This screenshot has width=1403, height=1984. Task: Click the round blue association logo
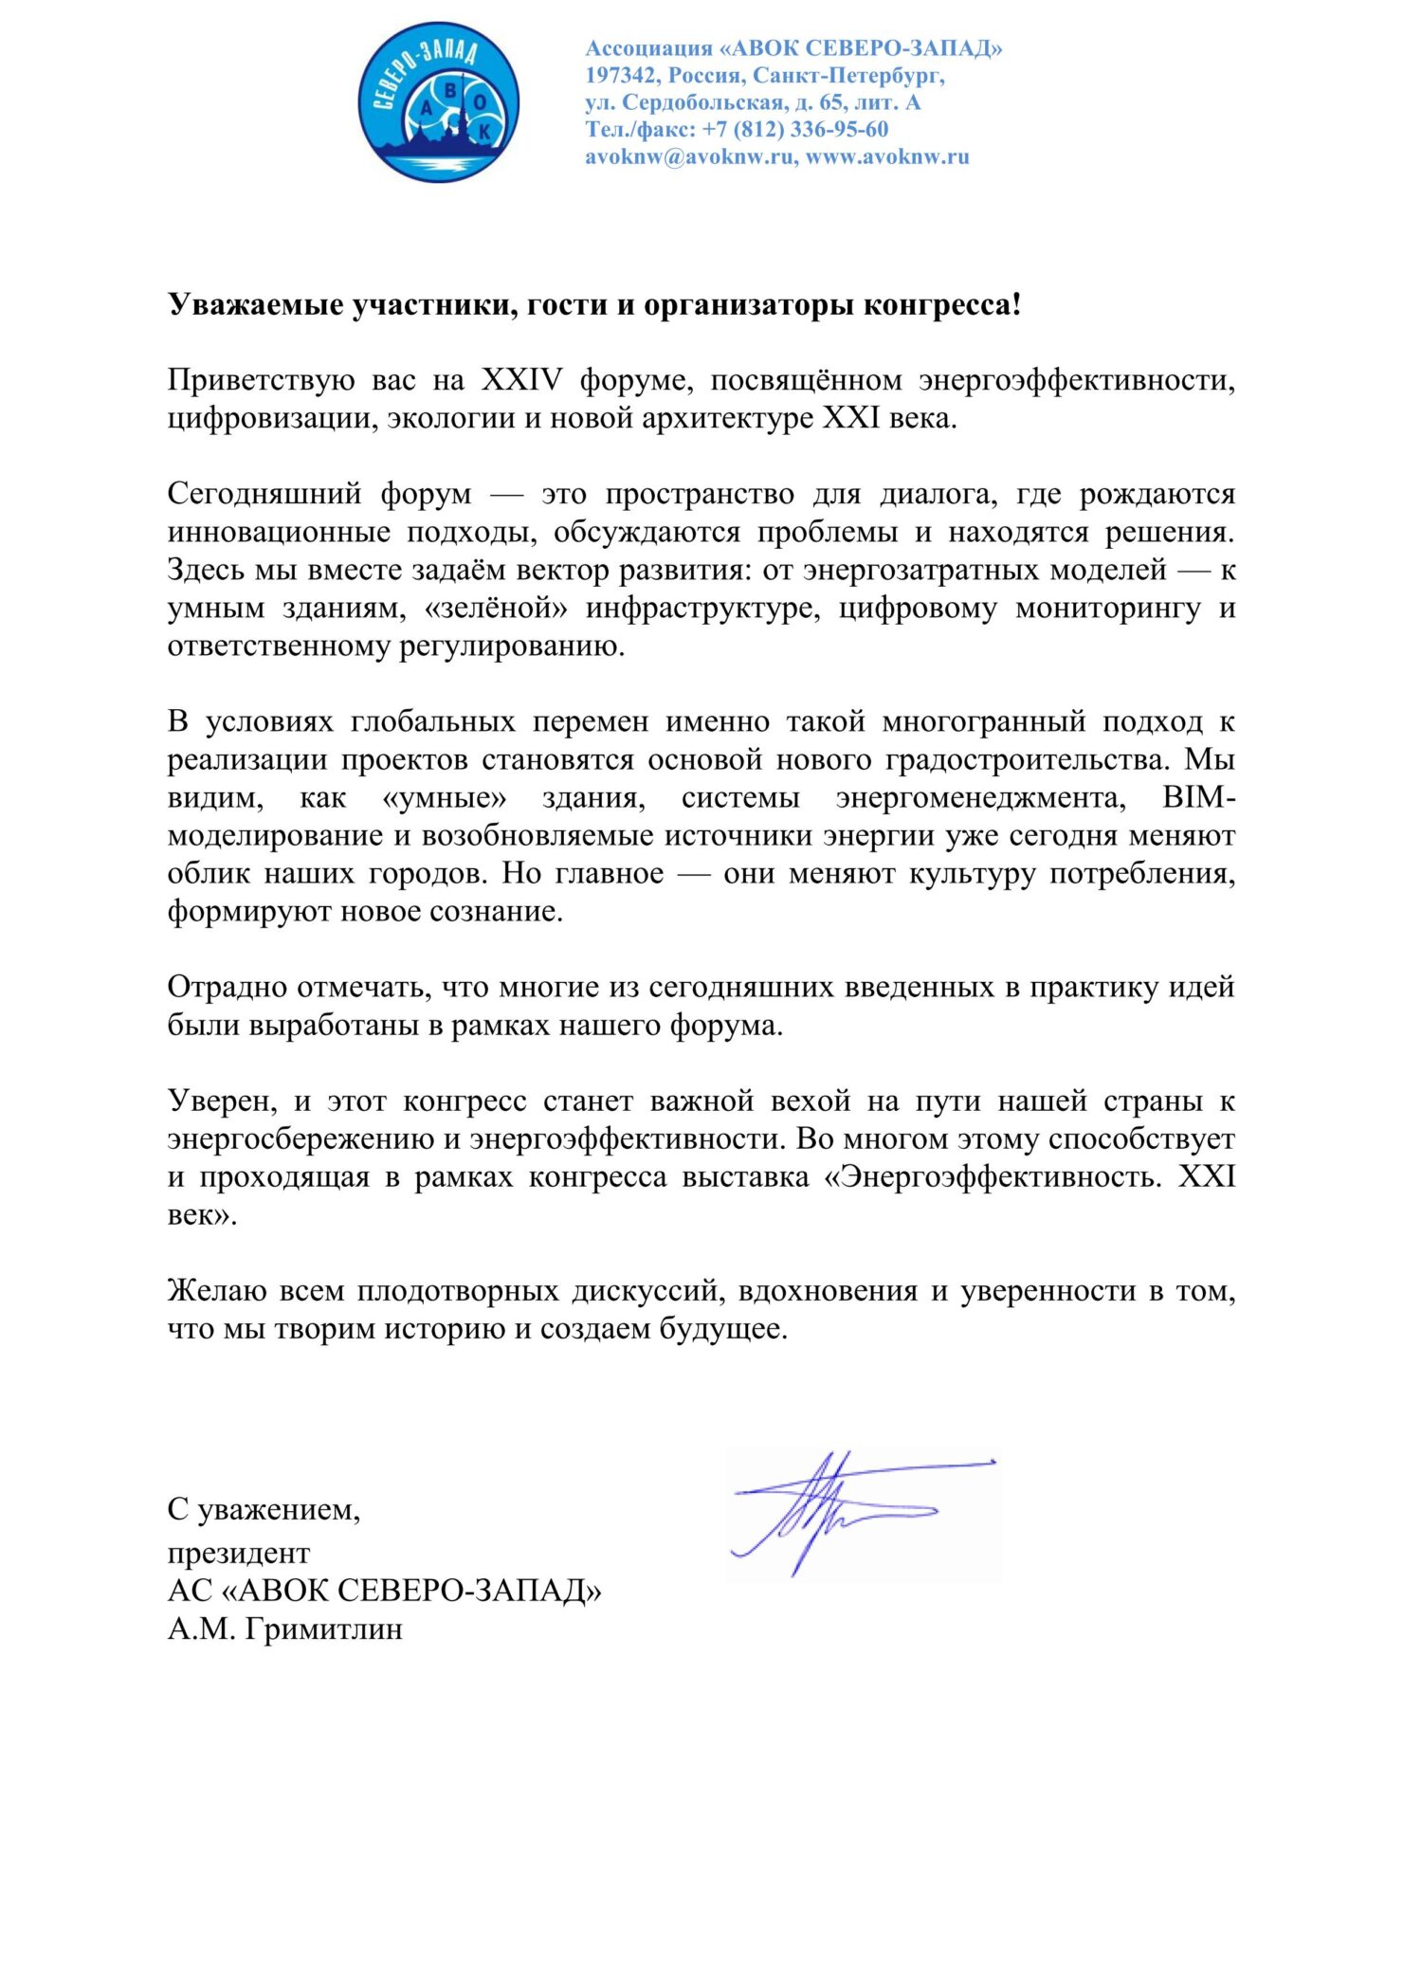(438, 101)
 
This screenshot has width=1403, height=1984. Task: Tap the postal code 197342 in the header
(621, 75)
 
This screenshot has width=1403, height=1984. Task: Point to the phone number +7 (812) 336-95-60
(795, 129)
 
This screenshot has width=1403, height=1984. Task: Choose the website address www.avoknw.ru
(887, 156)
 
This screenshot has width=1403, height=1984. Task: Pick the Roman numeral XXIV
(521, 380)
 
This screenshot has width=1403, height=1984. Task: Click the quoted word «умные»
(444, 797)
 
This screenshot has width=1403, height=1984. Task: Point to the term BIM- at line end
(1198, 797)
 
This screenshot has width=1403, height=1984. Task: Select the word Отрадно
(228, 987)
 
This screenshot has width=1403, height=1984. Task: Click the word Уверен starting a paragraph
(222, 1101)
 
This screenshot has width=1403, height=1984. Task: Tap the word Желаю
(217, 1290)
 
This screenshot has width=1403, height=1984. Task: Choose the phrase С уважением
(264, 1509)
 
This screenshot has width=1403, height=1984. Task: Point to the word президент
(239, 1553)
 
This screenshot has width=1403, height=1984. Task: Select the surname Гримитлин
(323, 1629)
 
